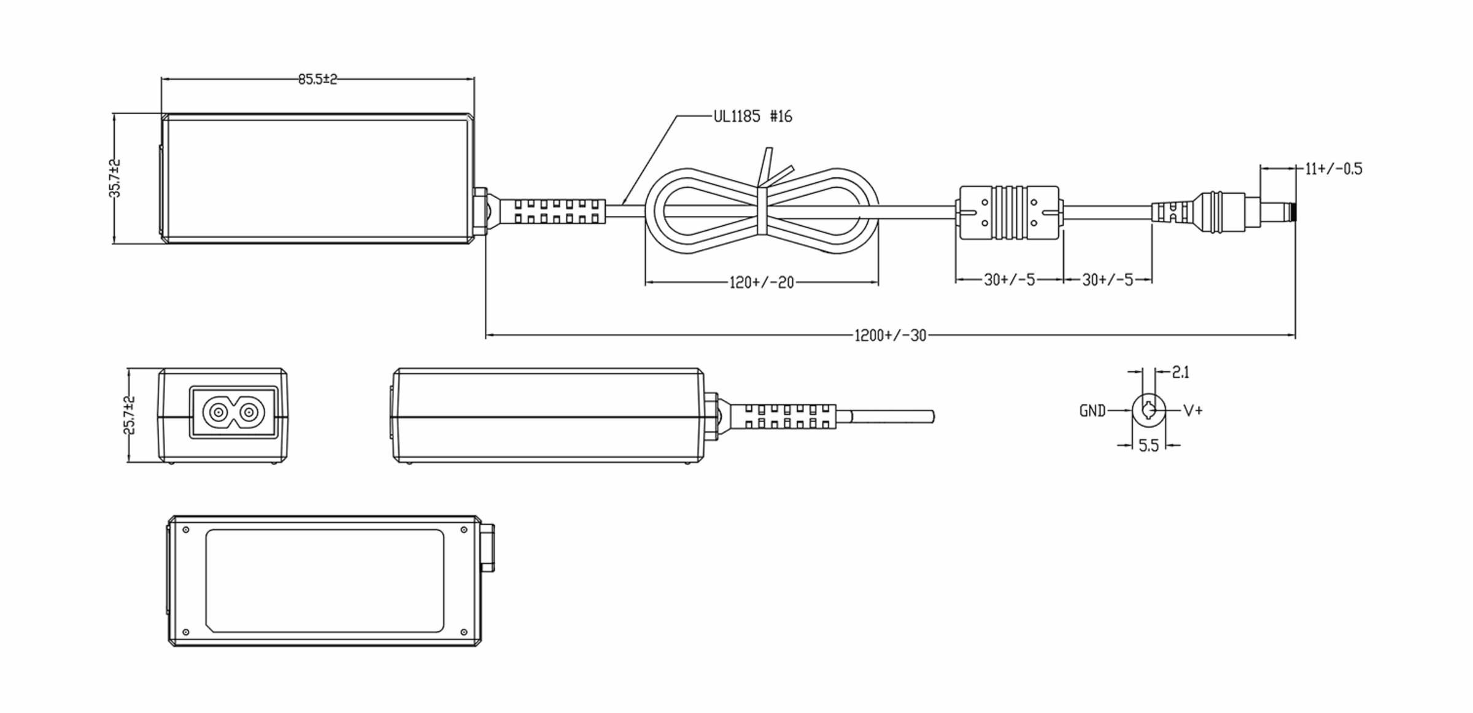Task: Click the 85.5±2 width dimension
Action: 317,79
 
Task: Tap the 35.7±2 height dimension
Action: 115,179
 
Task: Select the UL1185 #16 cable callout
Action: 752,116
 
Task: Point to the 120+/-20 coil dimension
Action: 761,282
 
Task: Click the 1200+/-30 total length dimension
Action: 891,336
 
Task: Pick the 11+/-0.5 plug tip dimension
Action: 1333,169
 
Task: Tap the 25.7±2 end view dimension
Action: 130,415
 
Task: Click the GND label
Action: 1092,411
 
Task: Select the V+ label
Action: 1193,410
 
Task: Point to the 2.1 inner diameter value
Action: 1181,372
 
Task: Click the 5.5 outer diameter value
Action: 1148,446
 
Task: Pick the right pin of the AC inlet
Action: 249,412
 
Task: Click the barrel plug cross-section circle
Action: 1148,410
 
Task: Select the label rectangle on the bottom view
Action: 325,581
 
